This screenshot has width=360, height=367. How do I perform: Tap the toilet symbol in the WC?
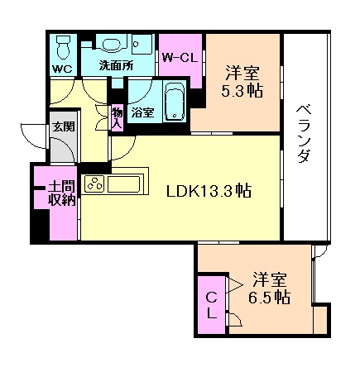62,45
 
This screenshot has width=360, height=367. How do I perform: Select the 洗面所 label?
115,65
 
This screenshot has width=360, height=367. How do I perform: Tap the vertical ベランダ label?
303,133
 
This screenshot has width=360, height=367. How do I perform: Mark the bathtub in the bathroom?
174,102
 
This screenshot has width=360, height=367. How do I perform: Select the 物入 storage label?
117,117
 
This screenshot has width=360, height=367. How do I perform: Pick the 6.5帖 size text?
271,297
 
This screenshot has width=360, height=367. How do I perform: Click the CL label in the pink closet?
212,305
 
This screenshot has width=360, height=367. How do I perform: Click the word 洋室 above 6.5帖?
271,279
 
